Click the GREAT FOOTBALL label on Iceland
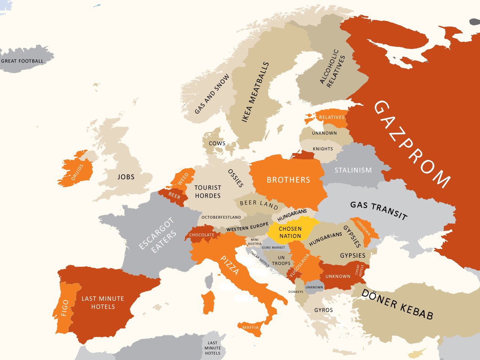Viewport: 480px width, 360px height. (22, 61)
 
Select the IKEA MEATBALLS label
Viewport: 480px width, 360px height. (255, 92)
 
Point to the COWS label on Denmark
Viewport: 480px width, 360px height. (217, 143)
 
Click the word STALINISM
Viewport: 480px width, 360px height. (353, 170)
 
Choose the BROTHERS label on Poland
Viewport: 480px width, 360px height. (288, 180)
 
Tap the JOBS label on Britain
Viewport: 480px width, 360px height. (126, 177)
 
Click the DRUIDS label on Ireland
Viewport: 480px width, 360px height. (77, 172)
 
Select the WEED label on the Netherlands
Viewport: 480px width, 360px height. (183, 179)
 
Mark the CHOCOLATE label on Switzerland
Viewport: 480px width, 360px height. (202, 235)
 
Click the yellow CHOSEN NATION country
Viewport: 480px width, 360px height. (290, 232)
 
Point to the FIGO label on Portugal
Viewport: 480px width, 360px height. (65, 307)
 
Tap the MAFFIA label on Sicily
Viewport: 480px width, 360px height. (250, 327)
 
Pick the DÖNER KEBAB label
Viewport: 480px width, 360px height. (397, 304)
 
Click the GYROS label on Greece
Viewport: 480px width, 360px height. (324, 310)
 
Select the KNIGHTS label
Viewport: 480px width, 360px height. (323, 149)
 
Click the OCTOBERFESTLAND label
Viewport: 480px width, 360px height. (221, 217)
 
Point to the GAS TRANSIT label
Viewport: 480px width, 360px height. (379, 210)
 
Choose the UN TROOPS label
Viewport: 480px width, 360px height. (281, 260)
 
